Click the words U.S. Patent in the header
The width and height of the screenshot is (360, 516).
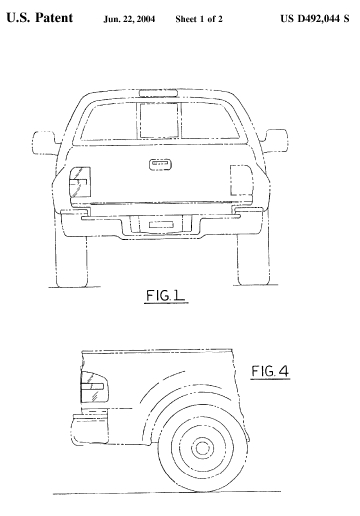pos(40,18)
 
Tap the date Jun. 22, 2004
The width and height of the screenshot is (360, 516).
pos(129,19)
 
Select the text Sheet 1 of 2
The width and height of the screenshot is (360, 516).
pos(199,19)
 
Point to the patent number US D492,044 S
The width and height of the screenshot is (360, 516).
pos(315,19)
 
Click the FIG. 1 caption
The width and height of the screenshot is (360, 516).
pos(166,296)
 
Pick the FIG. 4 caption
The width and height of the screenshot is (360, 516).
pos(270,371)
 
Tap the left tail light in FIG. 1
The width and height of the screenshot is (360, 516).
pos(80,182)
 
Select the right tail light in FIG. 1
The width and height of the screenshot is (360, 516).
pos(241,180)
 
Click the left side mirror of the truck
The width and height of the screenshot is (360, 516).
pos(44,143)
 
